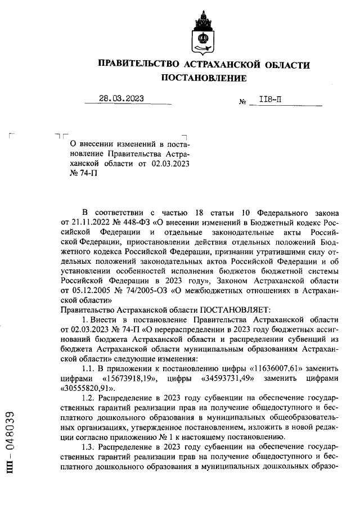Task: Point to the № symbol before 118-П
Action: click(x=244, y=102)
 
